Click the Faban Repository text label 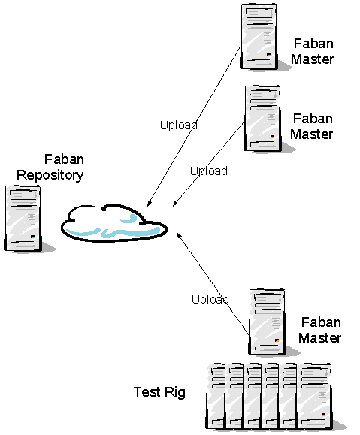[x=50, y=167]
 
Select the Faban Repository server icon [x=23, y=219]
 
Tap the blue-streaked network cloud [x=114, y=222]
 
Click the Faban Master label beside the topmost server [x=312, y=51]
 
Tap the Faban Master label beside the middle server [x=312, y=126]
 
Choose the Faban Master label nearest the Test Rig [x=319, y=330]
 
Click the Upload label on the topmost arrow [x=179, y=125]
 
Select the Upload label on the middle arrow [x=208, y=171]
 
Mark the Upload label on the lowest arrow [x=210, y=299]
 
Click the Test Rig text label [x=159, y=391]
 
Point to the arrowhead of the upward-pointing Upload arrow [x=179, y=235]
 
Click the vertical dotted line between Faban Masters [x=262, y=218]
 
